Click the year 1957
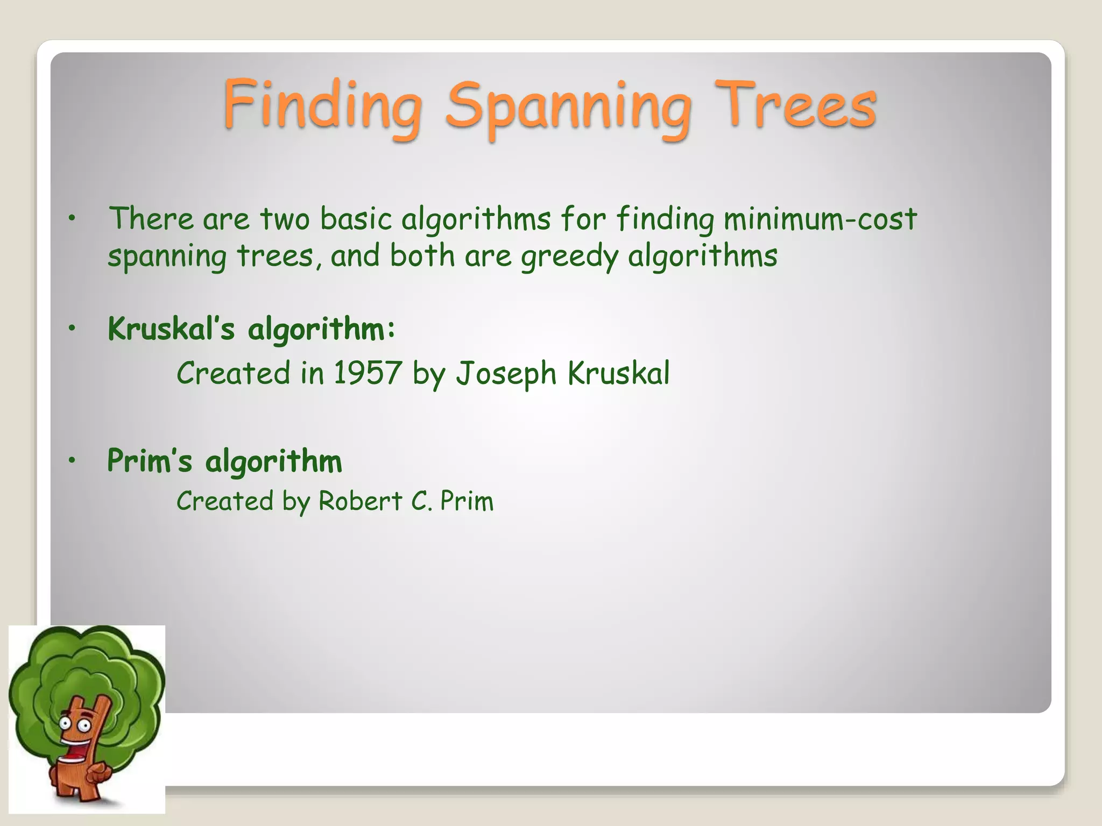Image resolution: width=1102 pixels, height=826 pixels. (368, 373)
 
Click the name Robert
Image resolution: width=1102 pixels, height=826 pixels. (360, 501)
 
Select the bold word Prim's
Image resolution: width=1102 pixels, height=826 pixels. (150, 461)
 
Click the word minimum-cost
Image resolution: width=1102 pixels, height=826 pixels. (820, 219)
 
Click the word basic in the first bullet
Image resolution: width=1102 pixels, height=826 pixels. (356, 219)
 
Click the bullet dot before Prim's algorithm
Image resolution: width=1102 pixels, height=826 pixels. (72, 460)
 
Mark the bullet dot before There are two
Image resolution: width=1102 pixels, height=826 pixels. (72, 218)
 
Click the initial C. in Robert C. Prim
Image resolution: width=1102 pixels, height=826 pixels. (421, 501)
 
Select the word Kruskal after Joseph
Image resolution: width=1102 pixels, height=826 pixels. (618, 373)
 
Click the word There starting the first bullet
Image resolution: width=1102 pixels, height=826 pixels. (151, 219)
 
